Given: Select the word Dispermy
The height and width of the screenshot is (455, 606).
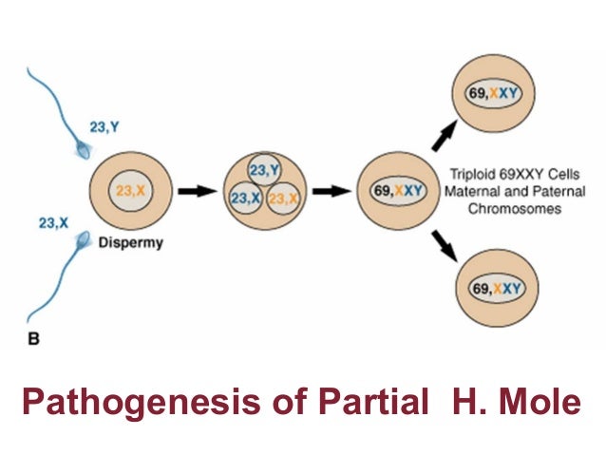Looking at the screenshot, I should pos(132,242).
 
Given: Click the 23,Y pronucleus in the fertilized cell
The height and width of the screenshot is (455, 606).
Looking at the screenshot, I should pos(265,170).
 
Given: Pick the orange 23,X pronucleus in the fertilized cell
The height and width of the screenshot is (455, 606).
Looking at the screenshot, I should pos(283,199).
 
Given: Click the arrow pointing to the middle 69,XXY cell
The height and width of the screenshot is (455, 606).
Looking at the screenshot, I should pos(332,191).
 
